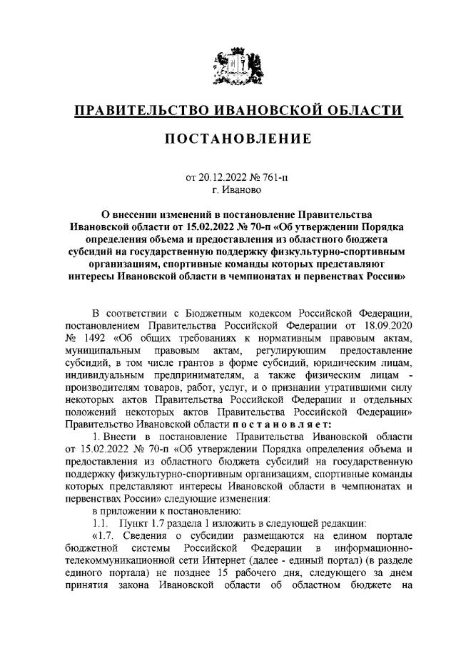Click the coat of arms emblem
pos(228,67)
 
